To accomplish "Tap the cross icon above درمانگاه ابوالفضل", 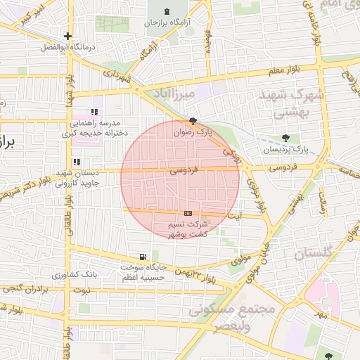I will click(x=67, y=36).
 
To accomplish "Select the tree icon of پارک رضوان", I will click(x=193, y=121).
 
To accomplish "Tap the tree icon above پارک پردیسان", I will click(x=285, y=138).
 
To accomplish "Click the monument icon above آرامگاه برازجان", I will click(x=166, y=12).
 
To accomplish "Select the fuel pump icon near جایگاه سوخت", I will click(x=143, y=257).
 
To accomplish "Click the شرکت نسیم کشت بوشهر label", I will click(x=188, y=229).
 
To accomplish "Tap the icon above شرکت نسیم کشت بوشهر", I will click(x=188, y=213).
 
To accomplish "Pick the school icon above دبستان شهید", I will click(x=77, y=162).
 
